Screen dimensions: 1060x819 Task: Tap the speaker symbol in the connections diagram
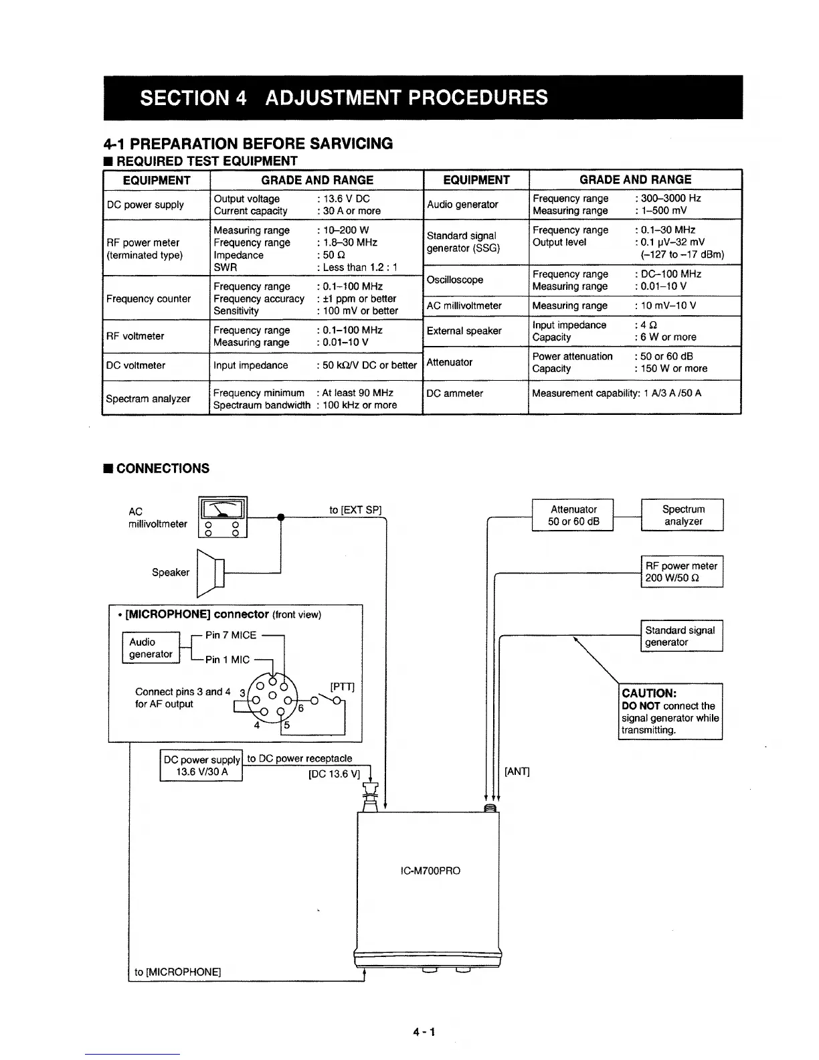[211, 572]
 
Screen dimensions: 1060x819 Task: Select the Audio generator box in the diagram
[151, 648]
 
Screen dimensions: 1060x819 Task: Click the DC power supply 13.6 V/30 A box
[201, 766]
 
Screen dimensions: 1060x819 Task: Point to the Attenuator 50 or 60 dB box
[573, 515]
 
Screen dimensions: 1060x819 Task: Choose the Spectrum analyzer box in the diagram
[682, 515]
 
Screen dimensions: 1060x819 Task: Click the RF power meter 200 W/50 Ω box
[681, 572]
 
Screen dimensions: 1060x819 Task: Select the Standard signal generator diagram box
[681, 636]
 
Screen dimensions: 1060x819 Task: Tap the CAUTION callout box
[670, 711]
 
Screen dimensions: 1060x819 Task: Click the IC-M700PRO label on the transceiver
[428, 871]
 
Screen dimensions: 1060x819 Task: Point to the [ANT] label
[517, 772]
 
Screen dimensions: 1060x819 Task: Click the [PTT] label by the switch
[342, 687]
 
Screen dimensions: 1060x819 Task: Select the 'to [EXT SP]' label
[355, 510]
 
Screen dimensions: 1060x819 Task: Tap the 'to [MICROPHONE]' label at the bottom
[177, 972]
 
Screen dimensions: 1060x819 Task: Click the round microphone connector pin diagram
[272, 699]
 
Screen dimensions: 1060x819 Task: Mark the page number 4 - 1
[425, 1032]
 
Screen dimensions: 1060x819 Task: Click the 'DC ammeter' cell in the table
[454, 393]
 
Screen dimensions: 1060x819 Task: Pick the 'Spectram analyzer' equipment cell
[148, 399]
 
